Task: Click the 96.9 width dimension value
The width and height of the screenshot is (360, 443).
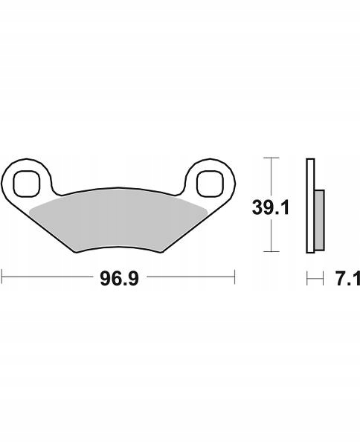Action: [119, 279]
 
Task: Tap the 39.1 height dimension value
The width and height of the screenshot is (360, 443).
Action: [271, 207]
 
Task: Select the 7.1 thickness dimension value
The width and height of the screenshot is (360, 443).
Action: [347, 279]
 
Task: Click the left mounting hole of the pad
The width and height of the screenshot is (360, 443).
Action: [27, 184]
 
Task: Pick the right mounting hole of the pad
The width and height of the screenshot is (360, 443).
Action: [210, 184]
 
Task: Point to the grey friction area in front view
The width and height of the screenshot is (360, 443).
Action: [118, 220]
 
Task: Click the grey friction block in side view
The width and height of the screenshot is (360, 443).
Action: [320, 220]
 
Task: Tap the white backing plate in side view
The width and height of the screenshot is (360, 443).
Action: [310, 206]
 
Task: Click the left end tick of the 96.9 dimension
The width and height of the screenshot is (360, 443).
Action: [2, 277]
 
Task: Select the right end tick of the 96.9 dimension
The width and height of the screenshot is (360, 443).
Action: [235, 277]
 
